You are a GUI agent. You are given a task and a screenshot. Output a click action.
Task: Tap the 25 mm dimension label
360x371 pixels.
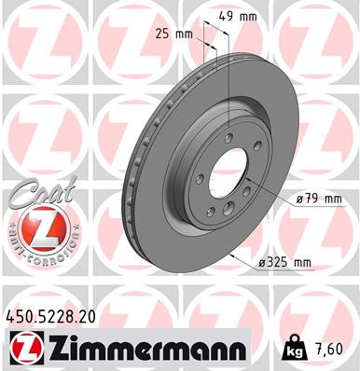pos(175,34)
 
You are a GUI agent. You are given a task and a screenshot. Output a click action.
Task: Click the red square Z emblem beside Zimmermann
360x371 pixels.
pos(24,349)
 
